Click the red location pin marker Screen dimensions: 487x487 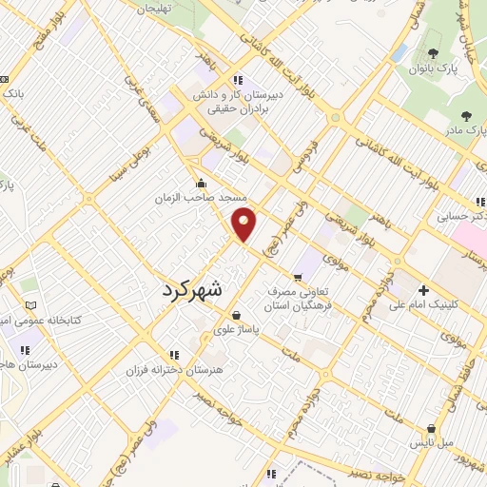tap(245, 223)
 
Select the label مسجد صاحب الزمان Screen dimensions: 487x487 tap(202, 198)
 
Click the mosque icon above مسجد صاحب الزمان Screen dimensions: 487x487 tap(201, 184)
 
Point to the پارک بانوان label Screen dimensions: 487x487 tap(454, 69)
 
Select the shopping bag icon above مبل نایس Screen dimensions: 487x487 tap(433, 429)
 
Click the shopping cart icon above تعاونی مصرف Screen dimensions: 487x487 tap(299, 278)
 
